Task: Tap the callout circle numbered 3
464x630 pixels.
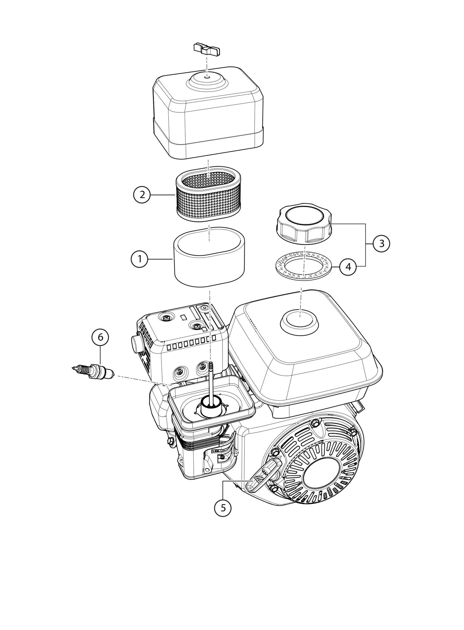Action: click(x=381, y=244)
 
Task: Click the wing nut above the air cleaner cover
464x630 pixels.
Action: click(x=207, y=49)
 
